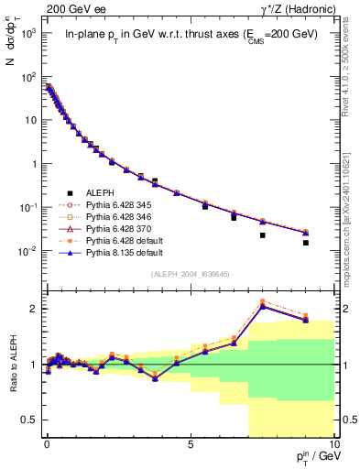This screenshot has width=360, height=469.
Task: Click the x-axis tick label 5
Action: tap(190, 443)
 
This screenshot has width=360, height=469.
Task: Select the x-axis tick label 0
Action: tap(47, 443)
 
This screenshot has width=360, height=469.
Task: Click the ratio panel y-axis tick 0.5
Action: tap(32, 420)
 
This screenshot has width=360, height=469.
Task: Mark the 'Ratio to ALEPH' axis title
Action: tap(13, 365)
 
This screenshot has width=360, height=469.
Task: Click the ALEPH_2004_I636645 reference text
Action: tap(190, 274)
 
